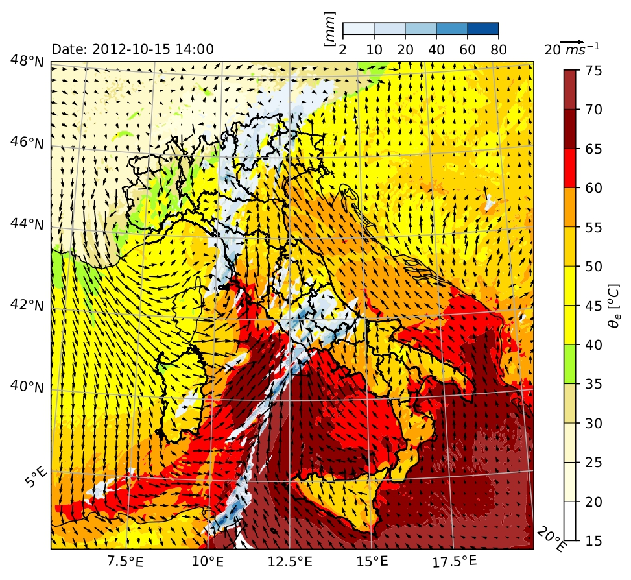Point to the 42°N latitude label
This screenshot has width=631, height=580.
tap(26, 305)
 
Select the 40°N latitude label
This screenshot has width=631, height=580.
tap(26, 387)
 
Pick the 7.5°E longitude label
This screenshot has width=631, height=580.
tap(126, 559)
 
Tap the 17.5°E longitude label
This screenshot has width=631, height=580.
tap(453, 559)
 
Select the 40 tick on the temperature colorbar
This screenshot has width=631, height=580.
tap(593, 344)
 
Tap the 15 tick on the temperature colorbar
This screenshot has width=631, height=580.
tap(593, 540)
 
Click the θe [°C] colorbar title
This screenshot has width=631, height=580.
tap(615, 305)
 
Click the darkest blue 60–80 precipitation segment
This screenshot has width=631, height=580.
tap(482, 29)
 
